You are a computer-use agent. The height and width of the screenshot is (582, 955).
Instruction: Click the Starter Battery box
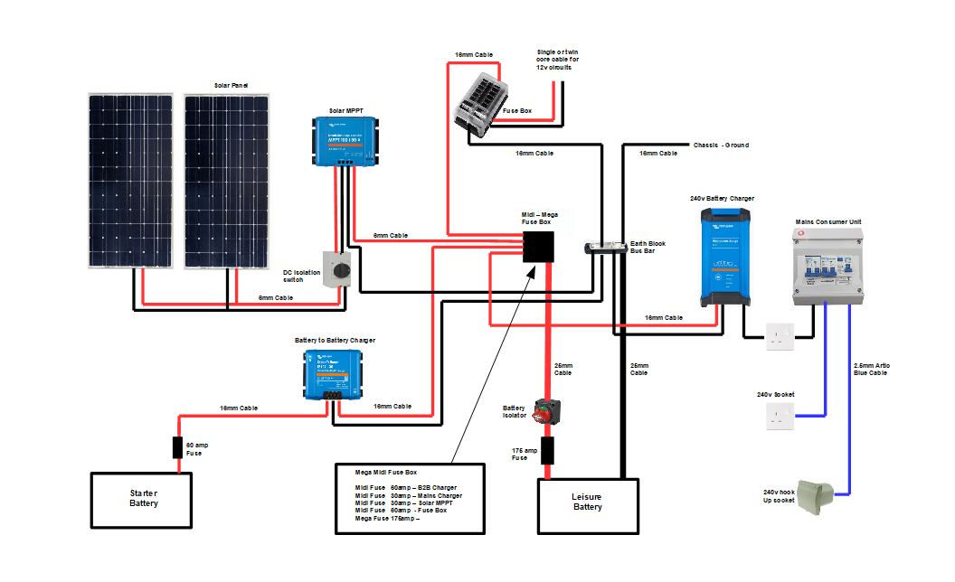point(143,499)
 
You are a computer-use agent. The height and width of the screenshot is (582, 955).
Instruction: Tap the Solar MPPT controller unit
point(345,139)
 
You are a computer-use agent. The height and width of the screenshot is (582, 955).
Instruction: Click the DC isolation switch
point(340,268)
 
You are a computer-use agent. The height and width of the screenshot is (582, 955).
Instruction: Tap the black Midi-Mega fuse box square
point(539,246)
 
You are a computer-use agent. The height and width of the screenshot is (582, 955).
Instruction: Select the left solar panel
point(130,180)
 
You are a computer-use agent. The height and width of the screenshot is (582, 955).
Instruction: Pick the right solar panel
point(226,180)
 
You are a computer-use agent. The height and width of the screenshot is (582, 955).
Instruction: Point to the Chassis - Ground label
point(720,145)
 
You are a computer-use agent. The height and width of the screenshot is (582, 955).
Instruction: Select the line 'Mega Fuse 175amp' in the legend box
point(387,519)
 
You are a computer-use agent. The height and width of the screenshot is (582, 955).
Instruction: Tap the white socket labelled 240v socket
point(779,416)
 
